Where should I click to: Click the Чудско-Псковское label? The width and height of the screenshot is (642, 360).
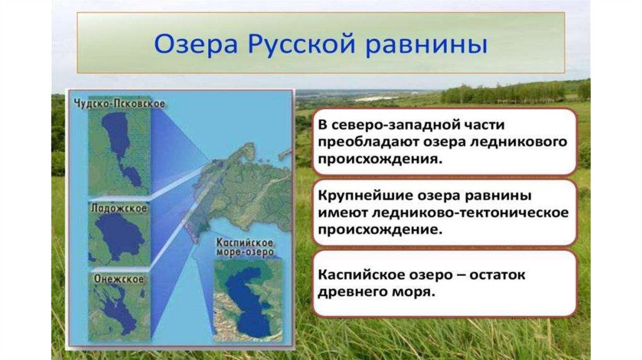tap(120, 103)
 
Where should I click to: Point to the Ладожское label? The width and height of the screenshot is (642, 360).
tap(118, 208)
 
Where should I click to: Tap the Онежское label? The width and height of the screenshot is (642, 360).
tap(118, 279)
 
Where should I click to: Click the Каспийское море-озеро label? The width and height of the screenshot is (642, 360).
tap(245, 247)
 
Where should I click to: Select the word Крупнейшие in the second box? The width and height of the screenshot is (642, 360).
tap(365, 196)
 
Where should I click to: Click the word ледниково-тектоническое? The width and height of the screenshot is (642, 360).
tap(471, 213)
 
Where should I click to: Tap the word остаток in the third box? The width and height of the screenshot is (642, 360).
tap(497, 275)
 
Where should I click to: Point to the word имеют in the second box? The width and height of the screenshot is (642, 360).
tap(342, 213)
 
